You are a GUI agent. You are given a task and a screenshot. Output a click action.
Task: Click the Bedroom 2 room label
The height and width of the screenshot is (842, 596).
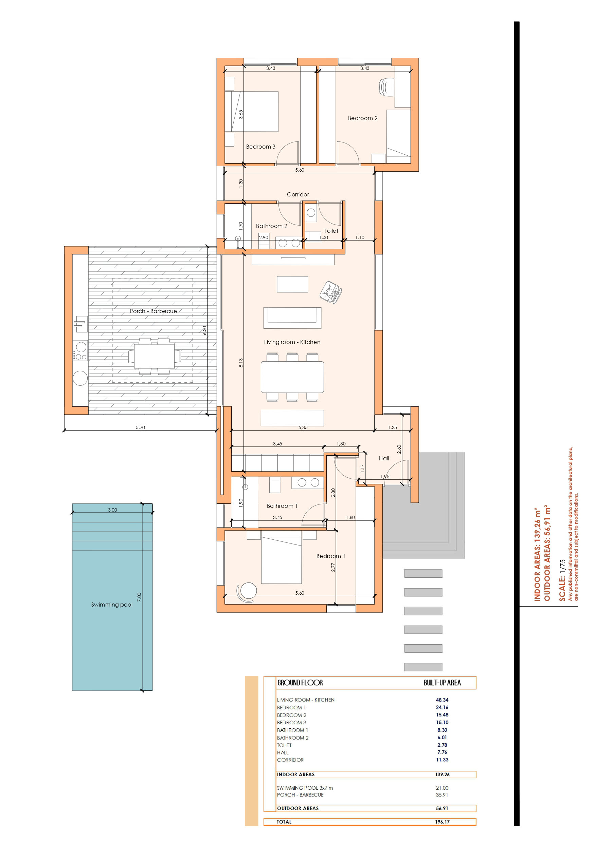coord(362,118)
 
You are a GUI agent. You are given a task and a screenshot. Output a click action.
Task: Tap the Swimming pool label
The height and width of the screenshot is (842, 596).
coord(112,605)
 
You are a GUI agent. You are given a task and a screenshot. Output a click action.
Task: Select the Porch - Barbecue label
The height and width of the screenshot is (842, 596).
coord(153,311)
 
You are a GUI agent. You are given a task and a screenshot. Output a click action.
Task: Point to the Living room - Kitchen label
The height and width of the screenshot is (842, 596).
coord(292,342)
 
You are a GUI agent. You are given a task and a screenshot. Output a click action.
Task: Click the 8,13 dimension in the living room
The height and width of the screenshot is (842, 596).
coord(241,363)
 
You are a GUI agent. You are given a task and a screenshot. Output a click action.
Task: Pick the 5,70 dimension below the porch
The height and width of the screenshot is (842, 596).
coord(140,427)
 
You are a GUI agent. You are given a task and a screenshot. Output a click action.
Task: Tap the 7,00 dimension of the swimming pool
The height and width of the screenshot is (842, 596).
coord(139,597)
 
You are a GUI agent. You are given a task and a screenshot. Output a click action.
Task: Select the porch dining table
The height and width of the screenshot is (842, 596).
coord(154,356)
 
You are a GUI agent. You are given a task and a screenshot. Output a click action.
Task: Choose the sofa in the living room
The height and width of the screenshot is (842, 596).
coord(292,318)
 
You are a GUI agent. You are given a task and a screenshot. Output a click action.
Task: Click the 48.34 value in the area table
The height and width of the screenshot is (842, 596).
coord(442,700)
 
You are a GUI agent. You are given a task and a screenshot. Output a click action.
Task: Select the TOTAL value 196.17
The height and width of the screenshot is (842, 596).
coord(442,822)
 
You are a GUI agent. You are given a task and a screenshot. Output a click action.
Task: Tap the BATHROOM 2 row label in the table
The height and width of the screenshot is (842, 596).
coord(293,738)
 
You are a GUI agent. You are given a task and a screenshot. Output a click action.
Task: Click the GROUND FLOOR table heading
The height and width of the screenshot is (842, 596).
coord(300,683)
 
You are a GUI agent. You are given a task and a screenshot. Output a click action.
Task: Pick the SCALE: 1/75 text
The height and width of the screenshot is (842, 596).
coord(562,580)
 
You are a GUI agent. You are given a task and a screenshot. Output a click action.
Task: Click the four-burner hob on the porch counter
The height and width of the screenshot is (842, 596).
coord(80,350)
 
